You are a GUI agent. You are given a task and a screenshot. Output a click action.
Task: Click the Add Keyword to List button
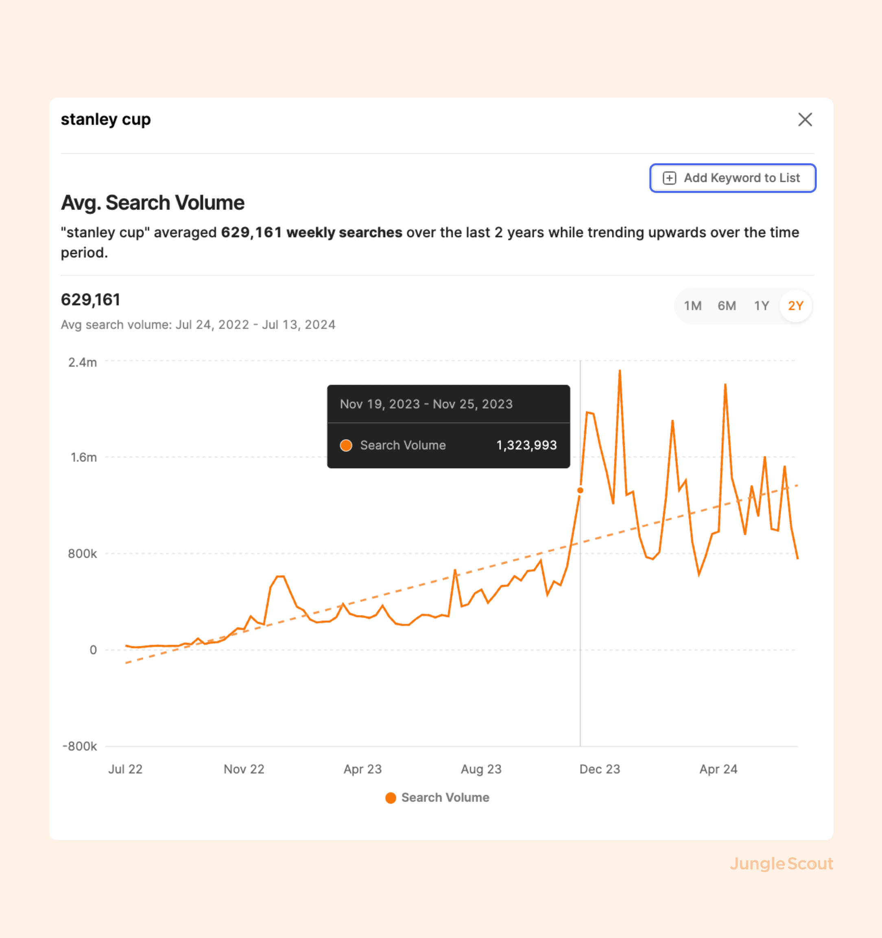point(732,178)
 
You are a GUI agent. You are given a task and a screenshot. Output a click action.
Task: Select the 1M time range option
point(692,306)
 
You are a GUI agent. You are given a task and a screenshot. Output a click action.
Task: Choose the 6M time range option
point(726,306)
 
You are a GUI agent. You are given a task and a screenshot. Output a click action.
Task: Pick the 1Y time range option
point(761,306)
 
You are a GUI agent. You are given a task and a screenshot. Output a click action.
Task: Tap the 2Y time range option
point(795,306)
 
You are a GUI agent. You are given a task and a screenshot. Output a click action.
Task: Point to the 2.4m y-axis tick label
point(83,362)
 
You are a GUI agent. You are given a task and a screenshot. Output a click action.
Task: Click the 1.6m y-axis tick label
point(83,457)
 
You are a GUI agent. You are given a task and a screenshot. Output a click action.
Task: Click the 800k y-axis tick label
point(82,554)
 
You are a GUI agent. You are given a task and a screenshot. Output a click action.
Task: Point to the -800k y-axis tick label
point(80,746)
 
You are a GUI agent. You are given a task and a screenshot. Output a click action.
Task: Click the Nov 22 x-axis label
point(244,769)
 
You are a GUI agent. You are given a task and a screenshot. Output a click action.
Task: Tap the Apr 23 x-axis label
point(362,769)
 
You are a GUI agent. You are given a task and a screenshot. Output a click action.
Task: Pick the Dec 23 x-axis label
point(599,769)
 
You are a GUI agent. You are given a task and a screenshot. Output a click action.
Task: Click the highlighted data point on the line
point(580,490)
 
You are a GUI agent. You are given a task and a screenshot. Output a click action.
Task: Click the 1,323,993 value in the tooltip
point(526,445)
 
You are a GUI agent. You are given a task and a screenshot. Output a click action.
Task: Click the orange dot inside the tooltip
point(346,445)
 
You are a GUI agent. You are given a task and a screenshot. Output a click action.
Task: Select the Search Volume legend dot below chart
point(390,797)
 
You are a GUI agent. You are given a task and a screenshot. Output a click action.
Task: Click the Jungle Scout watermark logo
point(781,864)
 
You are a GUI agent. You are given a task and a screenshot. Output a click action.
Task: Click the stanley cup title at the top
point(106,119)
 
